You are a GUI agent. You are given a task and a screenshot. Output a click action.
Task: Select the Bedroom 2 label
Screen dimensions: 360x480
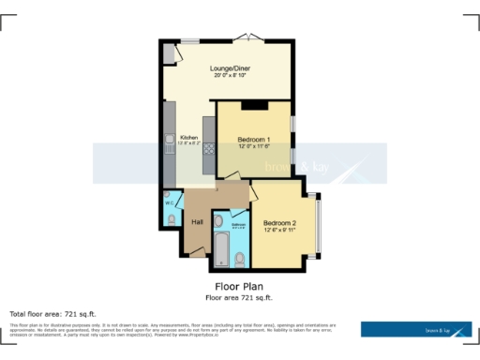[x=279, y=223]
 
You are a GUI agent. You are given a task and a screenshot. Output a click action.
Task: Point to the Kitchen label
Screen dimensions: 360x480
[x=187, y=137]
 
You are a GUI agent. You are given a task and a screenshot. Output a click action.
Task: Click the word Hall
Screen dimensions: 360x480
[x=198, y=222]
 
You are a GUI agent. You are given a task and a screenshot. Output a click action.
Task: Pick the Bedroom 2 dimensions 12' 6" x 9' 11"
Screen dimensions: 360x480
[x=279, y=231]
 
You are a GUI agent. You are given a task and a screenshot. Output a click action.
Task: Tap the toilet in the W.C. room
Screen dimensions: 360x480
[x=172, y=218]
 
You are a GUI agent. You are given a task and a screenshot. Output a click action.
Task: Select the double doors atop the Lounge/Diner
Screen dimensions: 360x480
[x=248, y=37]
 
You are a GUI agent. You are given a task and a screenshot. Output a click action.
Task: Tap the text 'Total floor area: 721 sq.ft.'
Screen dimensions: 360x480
[x=52, y=314]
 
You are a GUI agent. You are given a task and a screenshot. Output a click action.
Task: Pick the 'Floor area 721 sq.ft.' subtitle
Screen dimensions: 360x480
[x=239, y=297]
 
